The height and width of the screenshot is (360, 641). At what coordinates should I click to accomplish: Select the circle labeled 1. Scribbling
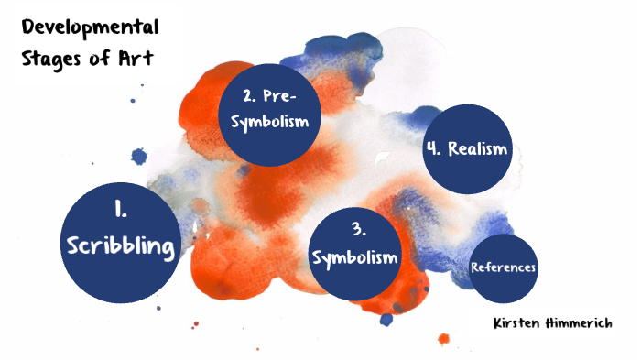pos(122,242)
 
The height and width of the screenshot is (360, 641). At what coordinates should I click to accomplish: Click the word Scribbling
pos(122,246)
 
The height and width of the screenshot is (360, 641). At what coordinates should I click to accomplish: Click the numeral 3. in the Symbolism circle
pos(356,229)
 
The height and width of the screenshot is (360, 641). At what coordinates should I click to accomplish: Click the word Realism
pos(478,148)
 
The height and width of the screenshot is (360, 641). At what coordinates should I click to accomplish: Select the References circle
pos(503,268)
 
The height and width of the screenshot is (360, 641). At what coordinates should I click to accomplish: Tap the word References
pos(503,268)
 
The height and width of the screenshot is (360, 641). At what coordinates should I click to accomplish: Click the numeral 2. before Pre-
pos(249,95)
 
